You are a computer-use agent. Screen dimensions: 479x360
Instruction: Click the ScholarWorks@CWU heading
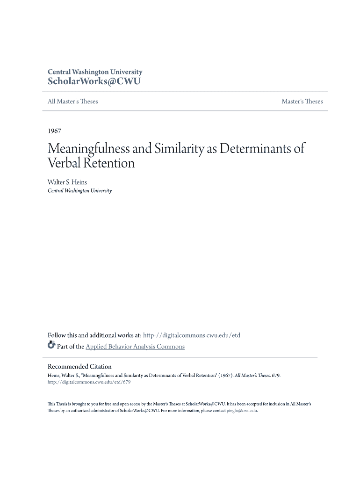(94, 81)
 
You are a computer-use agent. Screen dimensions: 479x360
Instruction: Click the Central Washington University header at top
(95, 72)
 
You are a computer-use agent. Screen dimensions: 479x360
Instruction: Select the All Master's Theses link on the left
(72, 102)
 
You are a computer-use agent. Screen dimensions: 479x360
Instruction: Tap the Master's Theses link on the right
(302, 102)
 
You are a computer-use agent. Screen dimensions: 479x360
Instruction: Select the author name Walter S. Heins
(67, 182)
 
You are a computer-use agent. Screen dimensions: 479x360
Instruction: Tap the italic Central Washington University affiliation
(79, 191)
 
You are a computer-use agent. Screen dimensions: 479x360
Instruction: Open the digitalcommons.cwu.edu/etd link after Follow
(191, 335)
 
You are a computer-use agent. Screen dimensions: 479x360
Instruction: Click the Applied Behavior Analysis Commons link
(135, 347)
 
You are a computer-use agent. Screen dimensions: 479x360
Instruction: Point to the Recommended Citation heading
(79, 366)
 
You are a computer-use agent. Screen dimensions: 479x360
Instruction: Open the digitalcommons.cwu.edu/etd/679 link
(89, 382)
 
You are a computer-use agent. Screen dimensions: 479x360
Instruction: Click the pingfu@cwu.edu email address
(242, 410)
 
